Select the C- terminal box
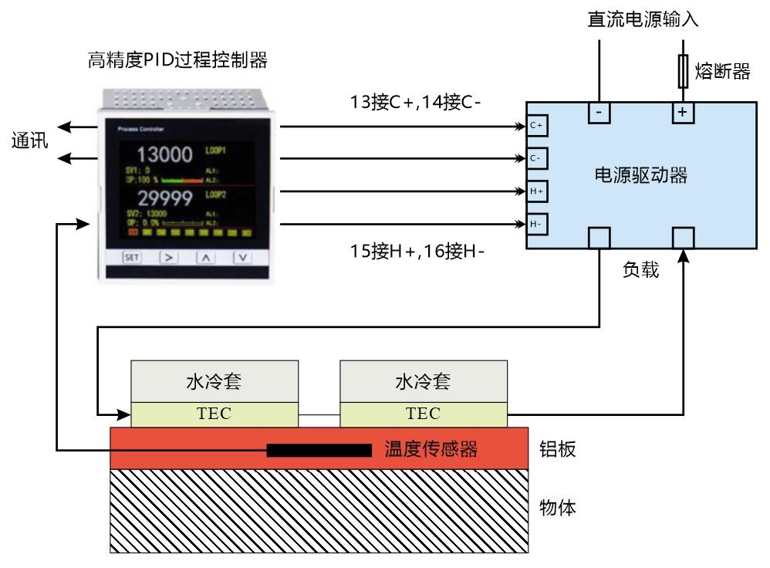point(537,158)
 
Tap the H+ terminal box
point(537,191)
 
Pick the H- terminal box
point(537,224)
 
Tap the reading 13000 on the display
point(164,154)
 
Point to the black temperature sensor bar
point(319,450)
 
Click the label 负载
point(641,271)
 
